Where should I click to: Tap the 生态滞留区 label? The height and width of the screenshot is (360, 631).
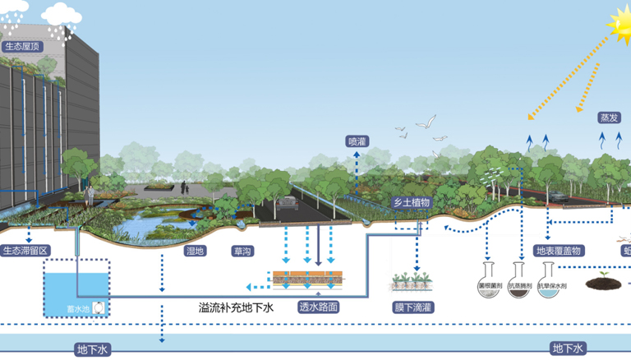pos(25,250)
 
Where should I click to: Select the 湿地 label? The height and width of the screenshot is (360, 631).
pos(195,250)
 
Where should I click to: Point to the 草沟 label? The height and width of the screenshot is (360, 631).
pos(242,250)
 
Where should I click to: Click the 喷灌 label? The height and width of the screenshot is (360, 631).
pos(357,141)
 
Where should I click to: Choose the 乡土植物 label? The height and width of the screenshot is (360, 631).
pos(411,202)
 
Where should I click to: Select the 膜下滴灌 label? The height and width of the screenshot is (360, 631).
pos(412,307)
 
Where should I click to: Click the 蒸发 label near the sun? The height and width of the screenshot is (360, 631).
pos(609,118)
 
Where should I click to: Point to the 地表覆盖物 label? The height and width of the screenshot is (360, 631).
pos(559,250)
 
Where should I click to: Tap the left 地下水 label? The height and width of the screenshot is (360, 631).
pos(92,349)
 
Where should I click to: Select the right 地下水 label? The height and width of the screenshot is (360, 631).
pos(567,349)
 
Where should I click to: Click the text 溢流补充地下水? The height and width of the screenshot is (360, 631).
pos(235,307)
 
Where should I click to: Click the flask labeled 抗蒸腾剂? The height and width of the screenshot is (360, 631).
pos(518,279)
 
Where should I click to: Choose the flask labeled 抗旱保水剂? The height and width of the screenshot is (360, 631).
pos(548,279)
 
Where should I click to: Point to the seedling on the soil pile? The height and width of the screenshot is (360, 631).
pos(603,275)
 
